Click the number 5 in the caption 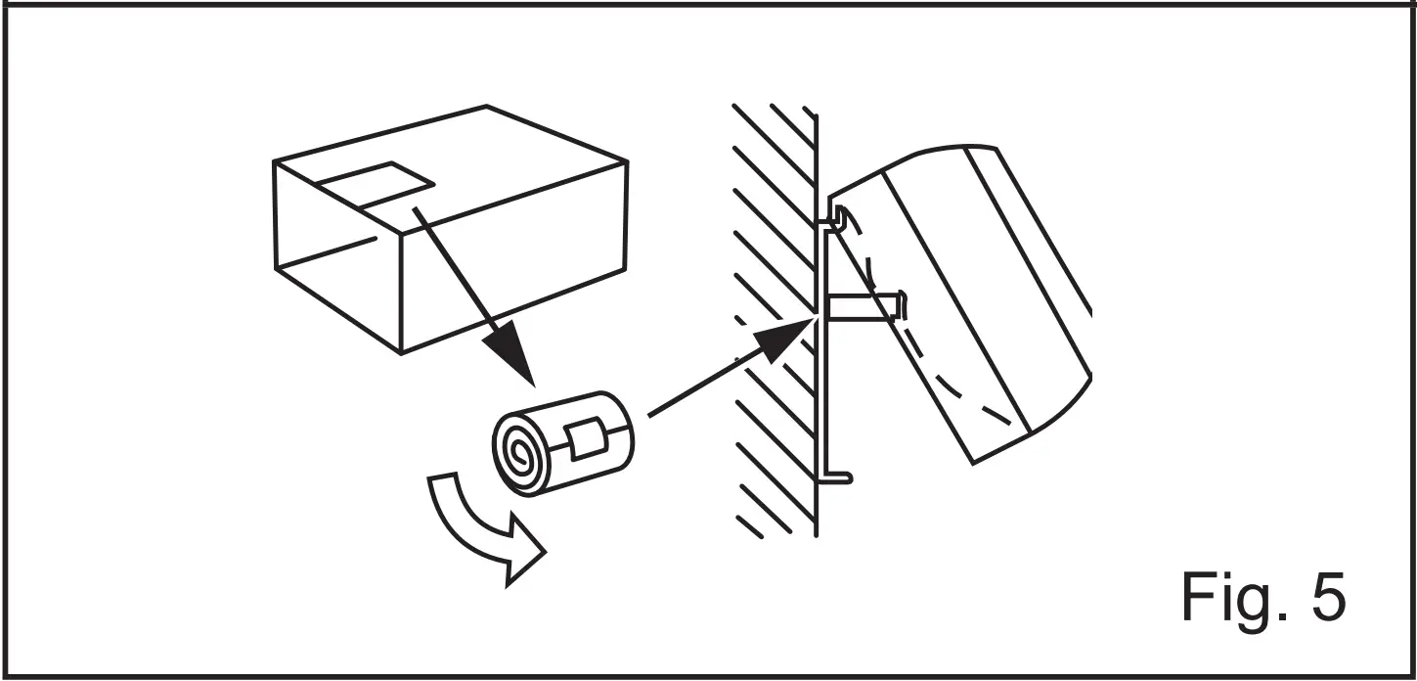click(1324, 595)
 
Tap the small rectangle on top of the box click(376, 184)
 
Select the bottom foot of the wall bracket click(839, 477)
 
